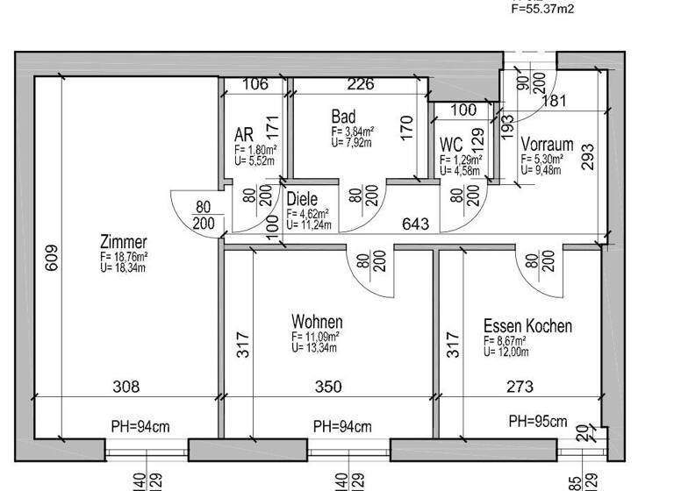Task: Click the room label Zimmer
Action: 124,242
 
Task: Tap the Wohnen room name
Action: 317,323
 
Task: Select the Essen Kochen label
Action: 527,327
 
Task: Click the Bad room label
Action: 343,117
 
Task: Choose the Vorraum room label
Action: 547,145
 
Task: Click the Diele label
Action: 302,199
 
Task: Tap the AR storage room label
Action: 244,135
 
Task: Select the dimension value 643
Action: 415,224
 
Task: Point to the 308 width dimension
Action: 126,386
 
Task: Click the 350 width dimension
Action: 328,386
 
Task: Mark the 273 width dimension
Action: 520,386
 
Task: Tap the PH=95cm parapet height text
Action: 538,421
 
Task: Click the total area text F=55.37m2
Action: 542,9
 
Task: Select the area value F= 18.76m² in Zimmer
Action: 124,257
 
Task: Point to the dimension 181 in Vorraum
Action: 555,101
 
